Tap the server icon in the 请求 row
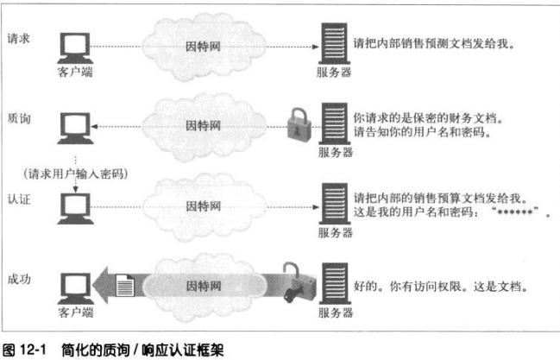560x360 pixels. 334,43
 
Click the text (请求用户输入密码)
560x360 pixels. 78,174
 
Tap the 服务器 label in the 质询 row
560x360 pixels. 335,153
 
